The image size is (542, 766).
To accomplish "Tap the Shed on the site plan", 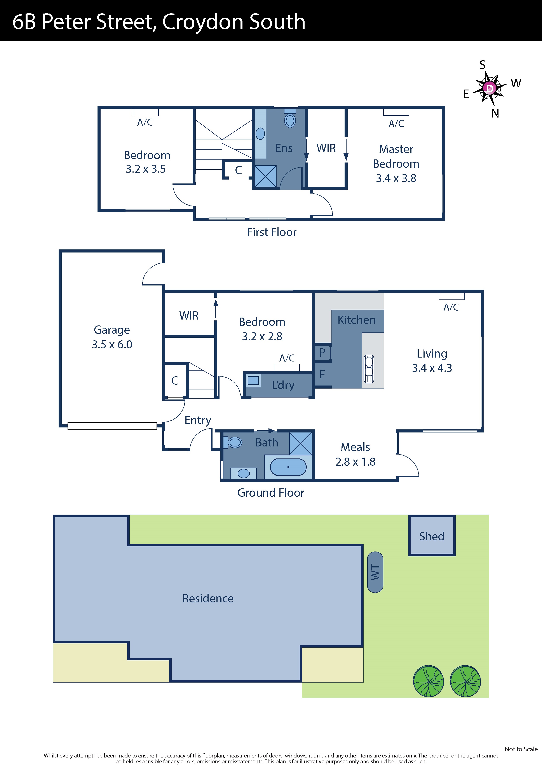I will [431, 536].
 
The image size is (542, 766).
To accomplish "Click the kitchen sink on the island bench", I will [369, 369].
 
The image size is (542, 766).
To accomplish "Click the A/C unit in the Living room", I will [451, 296].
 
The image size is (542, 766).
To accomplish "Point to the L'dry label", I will [283, 385].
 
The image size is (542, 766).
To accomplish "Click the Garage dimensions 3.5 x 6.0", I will [112, 344].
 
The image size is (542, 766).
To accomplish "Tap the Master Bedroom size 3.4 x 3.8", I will [396, 178].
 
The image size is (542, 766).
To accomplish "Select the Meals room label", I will [355, 447].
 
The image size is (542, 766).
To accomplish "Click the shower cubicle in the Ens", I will [265, 176].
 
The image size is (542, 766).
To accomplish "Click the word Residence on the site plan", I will [208, 598].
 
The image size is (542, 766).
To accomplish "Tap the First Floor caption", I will [272, 232].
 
